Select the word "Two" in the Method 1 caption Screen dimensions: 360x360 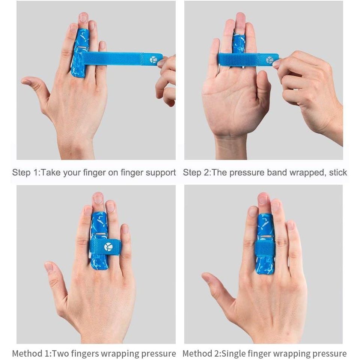60,353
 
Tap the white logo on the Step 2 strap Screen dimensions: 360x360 270,60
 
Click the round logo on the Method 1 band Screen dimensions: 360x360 108,247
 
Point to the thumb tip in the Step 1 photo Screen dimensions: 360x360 23,81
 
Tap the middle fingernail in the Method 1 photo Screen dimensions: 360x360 98,198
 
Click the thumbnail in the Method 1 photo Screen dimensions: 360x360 49,267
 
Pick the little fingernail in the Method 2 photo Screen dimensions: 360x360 290,226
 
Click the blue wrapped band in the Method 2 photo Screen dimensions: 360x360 265,249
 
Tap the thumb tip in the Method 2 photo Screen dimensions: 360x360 205,276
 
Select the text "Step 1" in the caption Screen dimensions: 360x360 25,172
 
